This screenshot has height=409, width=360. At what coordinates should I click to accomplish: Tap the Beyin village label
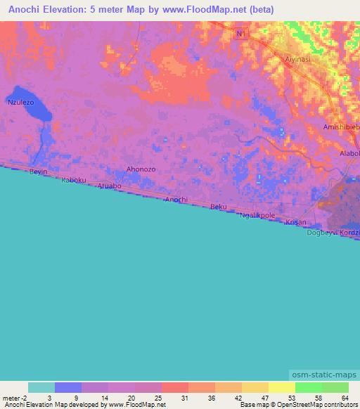tap(38, 171)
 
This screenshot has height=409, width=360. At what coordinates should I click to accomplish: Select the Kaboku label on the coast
tap(73, 180)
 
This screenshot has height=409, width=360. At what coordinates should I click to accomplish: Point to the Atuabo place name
tap(109, 186)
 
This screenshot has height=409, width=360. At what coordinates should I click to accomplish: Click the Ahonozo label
tap(140, 169)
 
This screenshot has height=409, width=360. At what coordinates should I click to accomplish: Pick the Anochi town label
tap(176, 200)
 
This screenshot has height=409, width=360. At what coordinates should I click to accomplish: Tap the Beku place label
tap(219, 207)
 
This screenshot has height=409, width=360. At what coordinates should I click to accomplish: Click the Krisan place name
tap(296, 221)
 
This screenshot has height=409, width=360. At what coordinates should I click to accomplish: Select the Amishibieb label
tap(340, 126)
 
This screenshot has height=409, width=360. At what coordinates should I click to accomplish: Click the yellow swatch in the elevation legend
tap(281, 387)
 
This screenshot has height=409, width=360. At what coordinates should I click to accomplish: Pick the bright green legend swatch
tap(308, 387)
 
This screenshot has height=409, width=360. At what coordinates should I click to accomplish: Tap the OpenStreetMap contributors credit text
tap(319, 405)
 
